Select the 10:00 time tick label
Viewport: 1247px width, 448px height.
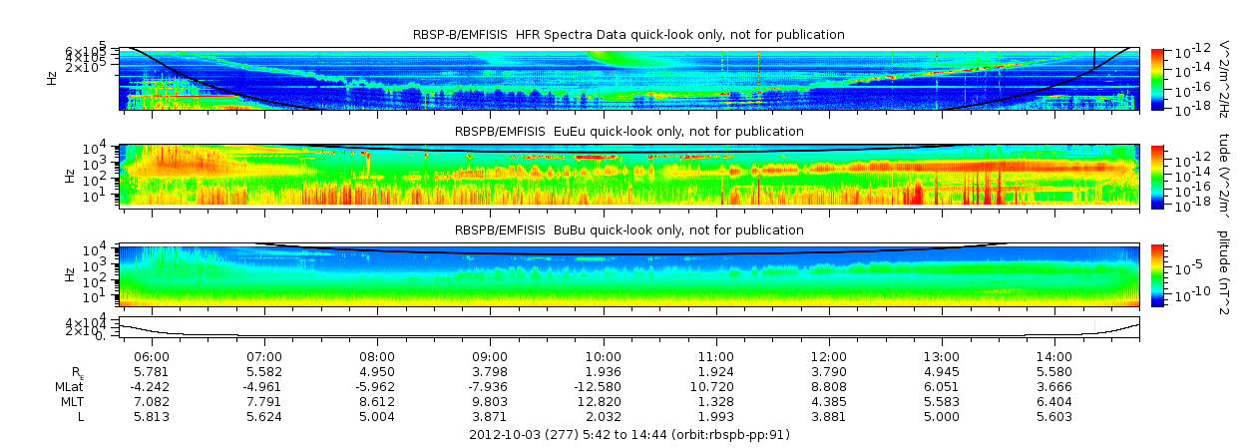[x=604, y=357]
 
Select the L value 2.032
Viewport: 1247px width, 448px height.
[x=604, y=416]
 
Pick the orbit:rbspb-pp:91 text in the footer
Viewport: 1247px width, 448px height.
[x=723, y=435]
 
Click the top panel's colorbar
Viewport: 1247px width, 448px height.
[x=1157, y=79]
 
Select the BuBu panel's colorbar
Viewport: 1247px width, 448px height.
[x=1157, y=274]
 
